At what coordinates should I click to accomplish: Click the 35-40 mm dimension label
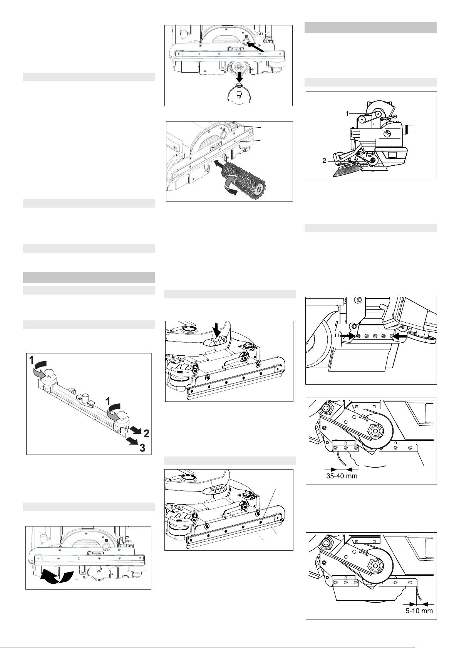(342, 476)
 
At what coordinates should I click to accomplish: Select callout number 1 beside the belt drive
(347, 114)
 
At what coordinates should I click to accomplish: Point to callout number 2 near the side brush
(324, 160)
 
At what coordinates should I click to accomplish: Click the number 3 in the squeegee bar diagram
(142, 448)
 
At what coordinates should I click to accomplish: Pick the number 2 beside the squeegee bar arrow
(146, 434)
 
